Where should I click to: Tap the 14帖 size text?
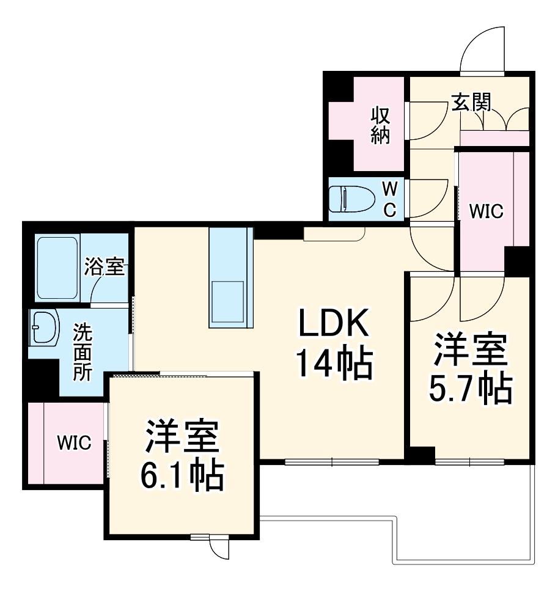334,363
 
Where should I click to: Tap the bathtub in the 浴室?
57,267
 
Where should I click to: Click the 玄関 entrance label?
471,102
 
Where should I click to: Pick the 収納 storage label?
380,126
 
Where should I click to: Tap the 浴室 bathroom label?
105,266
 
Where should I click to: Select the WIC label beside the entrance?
485,211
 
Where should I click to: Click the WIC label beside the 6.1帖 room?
74,442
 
